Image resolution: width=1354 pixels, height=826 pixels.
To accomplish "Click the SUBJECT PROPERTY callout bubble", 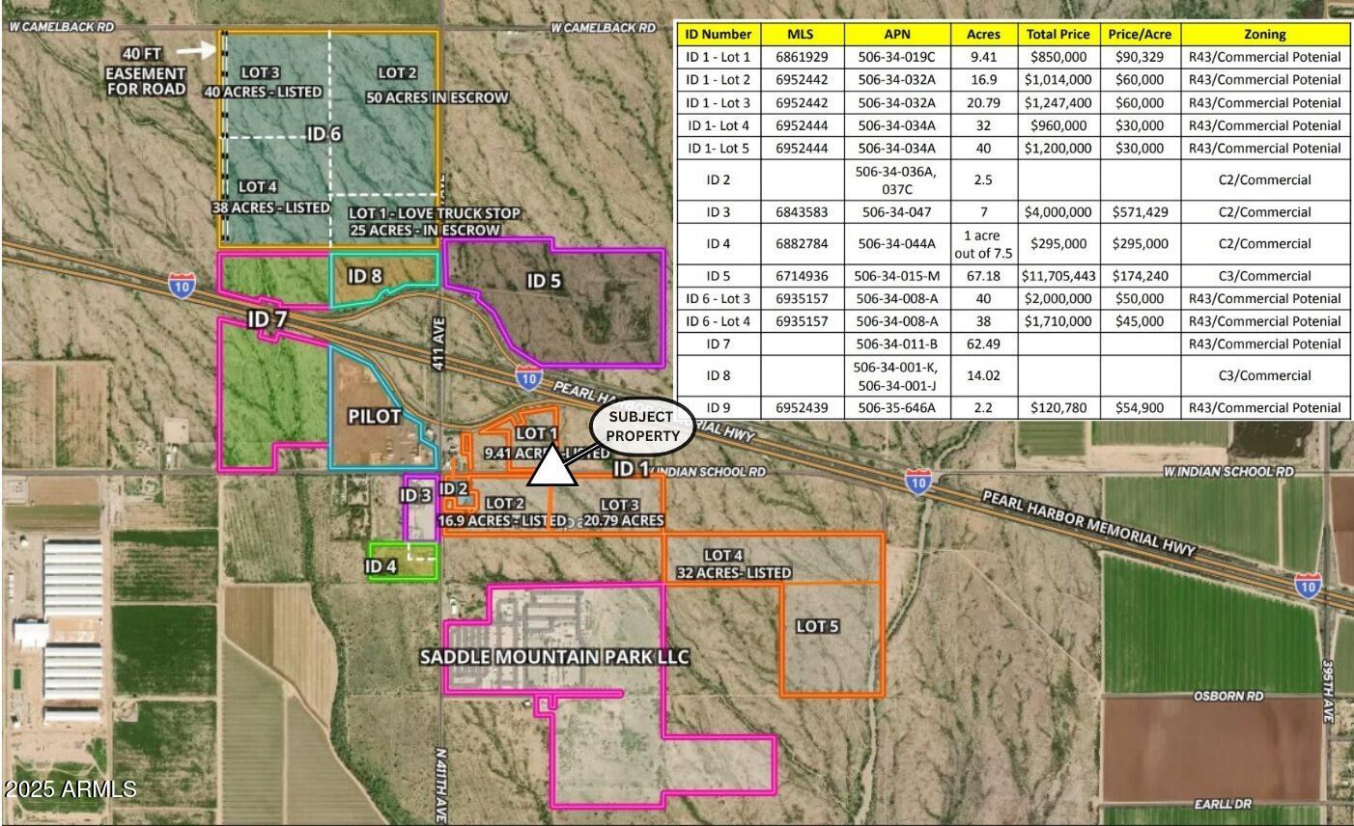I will (x=642, y=427).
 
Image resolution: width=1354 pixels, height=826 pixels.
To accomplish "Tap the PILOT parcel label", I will (x=374, y=416).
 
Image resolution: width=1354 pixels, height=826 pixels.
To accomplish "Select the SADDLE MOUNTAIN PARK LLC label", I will (x=554, y=657).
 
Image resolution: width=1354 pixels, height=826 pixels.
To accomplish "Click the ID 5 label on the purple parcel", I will (x=544, y=281).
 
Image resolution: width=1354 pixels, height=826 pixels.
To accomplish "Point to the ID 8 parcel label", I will (x=364, y=276).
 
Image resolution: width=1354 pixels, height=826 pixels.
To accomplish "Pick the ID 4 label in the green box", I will (x=381, y=565).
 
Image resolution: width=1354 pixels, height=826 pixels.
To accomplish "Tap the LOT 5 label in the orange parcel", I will (x=817, y=626).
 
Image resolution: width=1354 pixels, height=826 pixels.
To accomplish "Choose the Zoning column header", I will (x=1264, y=34).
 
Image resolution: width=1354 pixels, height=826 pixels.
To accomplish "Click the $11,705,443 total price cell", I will (x=1058, y=276).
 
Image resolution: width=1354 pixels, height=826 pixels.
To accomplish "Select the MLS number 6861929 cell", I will (x=802, y=57).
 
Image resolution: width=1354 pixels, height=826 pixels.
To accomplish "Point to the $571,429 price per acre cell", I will (x=1140, y=212).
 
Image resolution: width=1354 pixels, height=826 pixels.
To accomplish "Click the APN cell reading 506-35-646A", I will (x=896, y=408).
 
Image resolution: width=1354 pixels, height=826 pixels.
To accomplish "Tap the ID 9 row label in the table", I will (x=718, y=408).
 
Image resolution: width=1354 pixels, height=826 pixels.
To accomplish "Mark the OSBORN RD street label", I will (x=1228, y=696).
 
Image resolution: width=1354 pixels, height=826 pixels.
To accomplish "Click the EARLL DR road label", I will (x=1222, y=804).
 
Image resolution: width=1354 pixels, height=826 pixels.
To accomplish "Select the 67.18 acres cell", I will (x=983, y=276).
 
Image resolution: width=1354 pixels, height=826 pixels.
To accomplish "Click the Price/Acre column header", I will (x=1140, y=34).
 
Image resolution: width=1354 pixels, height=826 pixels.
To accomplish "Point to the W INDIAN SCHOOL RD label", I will (x=1227, y=472).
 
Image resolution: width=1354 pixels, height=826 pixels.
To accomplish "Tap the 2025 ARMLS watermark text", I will (x=70, y=789).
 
